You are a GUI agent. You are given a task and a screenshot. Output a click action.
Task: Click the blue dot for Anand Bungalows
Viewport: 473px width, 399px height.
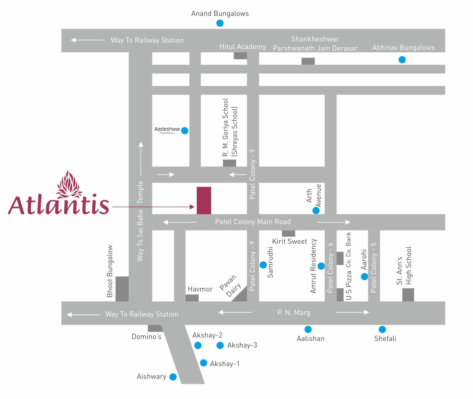point(220,23)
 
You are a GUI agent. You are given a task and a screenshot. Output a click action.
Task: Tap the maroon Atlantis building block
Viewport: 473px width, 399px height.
point(204,201)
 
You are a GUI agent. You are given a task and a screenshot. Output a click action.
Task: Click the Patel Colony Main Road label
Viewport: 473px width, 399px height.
point(253,222)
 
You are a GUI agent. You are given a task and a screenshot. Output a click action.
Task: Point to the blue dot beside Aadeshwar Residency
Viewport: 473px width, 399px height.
point(184,131)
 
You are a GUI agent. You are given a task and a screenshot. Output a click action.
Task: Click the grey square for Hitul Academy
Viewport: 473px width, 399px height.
point(240,56)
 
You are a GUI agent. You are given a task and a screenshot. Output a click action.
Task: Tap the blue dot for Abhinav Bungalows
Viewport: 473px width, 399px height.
point(402,60)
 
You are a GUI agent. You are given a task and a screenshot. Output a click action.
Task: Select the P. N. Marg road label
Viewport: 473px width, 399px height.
point(294,313)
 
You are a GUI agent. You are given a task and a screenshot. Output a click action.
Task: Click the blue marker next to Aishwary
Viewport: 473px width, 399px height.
point(173,377)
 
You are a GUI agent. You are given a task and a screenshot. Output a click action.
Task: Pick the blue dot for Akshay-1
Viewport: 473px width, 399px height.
point(203,363)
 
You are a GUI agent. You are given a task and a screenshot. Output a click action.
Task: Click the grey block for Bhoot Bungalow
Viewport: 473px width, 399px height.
point(122,289)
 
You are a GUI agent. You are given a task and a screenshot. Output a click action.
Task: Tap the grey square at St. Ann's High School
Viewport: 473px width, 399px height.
point(408,295)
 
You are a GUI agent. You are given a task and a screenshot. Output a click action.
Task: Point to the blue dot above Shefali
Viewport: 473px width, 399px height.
point(382,329)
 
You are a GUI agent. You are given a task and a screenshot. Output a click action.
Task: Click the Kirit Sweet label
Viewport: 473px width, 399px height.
point(290,241)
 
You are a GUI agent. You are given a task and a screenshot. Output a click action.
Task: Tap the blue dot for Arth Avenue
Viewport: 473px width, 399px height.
point(316,211)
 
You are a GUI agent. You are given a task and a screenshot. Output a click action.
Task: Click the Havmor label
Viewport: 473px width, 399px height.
point(200,289)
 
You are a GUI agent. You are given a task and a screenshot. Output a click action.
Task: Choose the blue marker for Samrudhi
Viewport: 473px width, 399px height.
point(263,265)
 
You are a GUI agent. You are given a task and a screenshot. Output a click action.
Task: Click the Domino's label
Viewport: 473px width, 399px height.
point(146,337)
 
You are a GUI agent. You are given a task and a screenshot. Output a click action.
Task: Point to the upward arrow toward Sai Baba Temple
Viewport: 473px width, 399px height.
point(141,159)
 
